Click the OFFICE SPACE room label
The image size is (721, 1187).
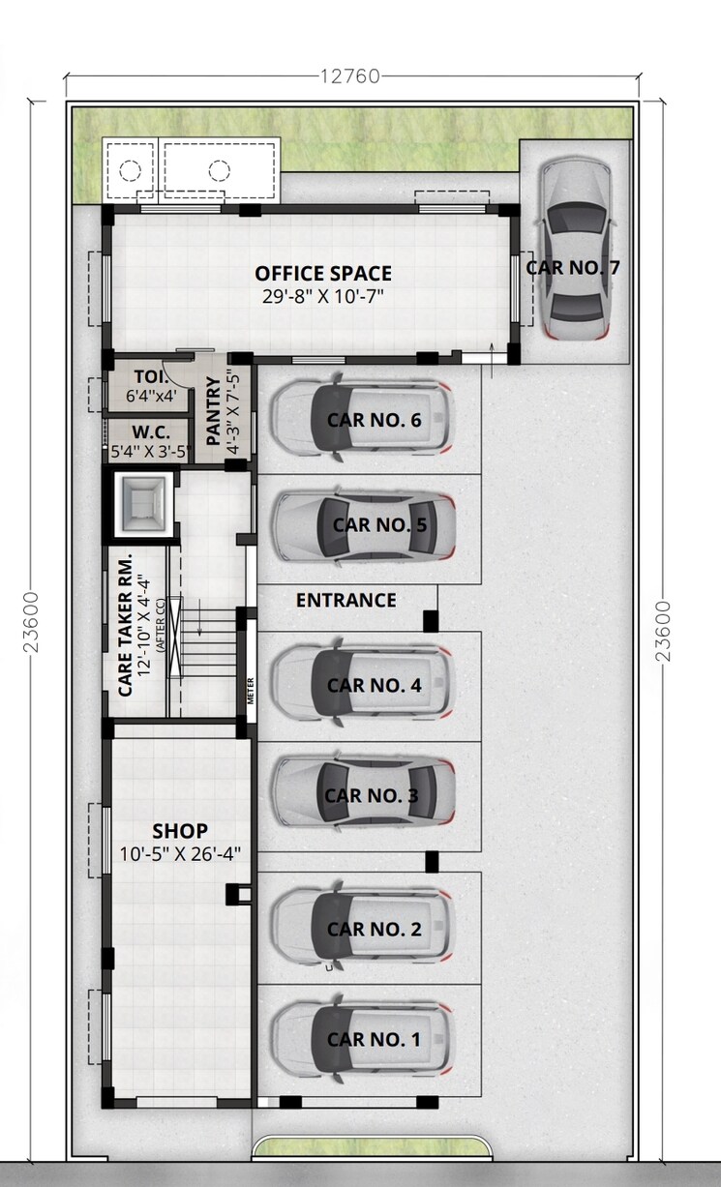(x=323, y=274)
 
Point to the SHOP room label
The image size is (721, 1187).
(x=180, y=831)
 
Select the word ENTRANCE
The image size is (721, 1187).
(x=345, y=600)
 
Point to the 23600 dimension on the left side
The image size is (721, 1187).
(x=31, y=624)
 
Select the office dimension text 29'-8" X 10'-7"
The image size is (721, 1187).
(x=323, y=297)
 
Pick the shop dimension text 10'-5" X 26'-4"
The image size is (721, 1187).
(x=180, y=853)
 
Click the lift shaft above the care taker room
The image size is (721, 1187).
(x=141, y=502)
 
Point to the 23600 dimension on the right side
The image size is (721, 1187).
(x=663, y=630)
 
